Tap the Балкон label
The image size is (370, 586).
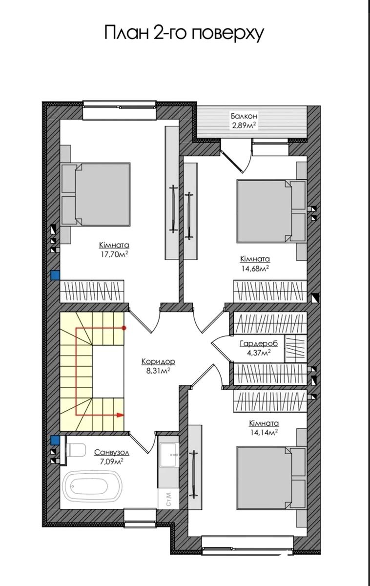[244, 116]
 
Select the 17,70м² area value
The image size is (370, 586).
[115, 254]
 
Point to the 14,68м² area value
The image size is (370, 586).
[255, 269]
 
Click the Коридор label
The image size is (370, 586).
[158, 361]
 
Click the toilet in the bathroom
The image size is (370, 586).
[76, 449]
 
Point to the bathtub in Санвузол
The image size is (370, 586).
[86, 486]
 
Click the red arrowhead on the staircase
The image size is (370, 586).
[120, 415]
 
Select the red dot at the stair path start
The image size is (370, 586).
[125, 328]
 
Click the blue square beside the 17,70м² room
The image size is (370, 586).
[55, 275]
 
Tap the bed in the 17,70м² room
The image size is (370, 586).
[96, 194]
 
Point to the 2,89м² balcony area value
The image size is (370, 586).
[244, 126]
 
